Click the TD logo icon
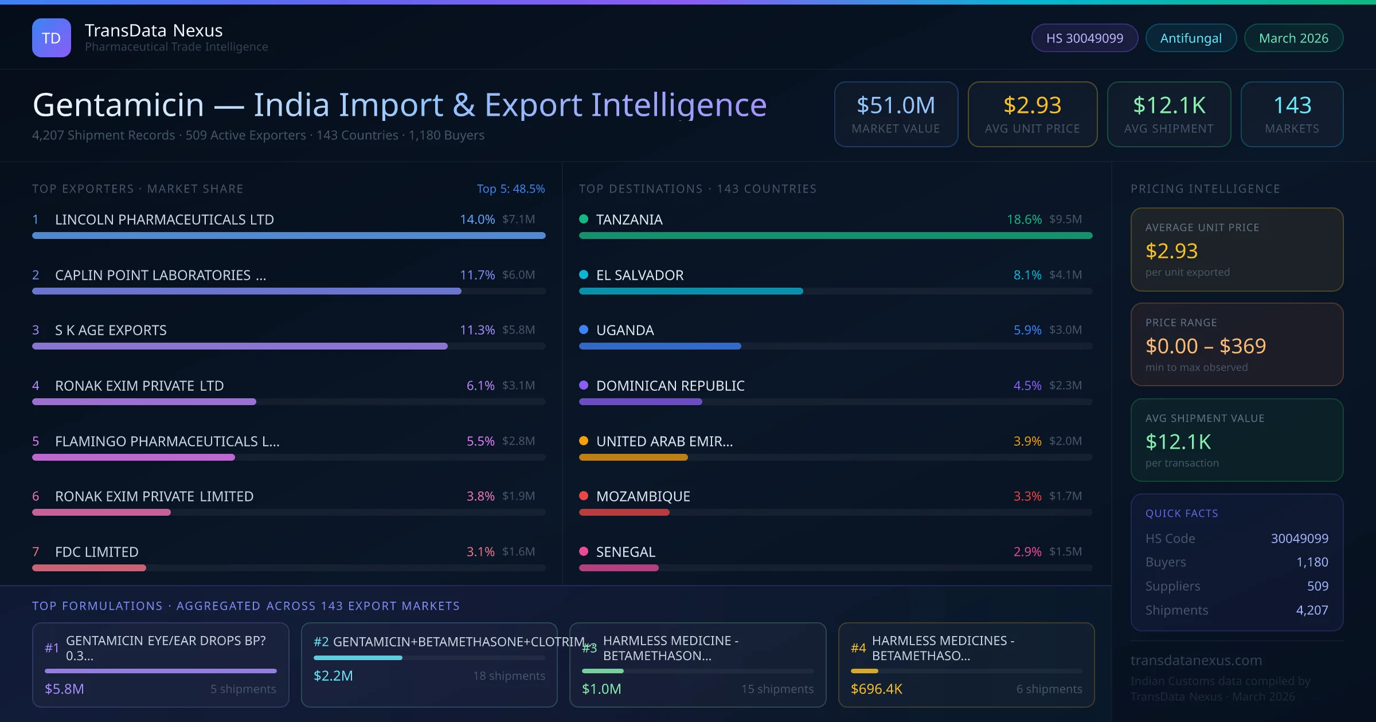click(x=52, y=38)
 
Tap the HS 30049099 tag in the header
click(x=1084, y=38)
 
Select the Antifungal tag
click(x=1191, y=38)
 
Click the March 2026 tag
click(x=1293, y=38)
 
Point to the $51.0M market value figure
click(x=896, y=105)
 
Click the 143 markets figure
click(x=1292, y=105)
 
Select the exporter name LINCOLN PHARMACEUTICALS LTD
click(x=165, y=219)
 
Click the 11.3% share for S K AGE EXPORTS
click(x=477, y=330)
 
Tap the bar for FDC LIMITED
click(x=89, y=568)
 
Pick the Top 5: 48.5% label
click(x=510, y=189)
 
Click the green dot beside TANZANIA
click(x=584, y=219)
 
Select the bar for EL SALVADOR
click(x=691, y=291)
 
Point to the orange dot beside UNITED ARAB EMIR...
click(x=584, y=441)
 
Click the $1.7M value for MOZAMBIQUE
click(x=1065, y=496)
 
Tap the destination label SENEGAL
click(x=626, y=552)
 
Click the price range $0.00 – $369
click(x=1205, y=346)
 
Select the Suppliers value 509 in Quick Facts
click(x=1317, y=586)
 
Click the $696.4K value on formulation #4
click(x=876, y=689)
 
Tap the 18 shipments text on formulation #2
click(x=509, y=676)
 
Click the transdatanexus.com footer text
click(x=1196, y=660)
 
